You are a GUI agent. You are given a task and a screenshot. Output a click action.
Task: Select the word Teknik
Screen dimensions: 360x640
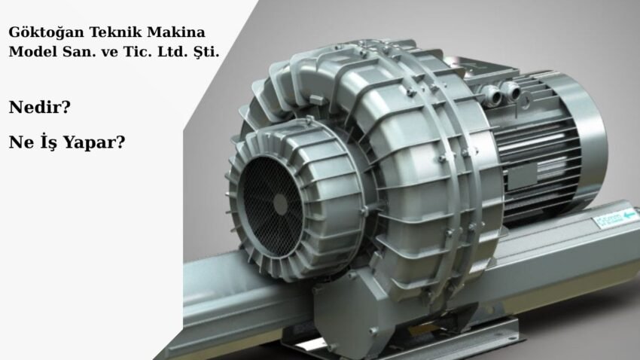pos(111,33)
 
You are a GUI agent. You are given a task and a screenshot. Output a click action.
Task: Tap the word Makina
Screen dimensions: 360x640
pos(175,33)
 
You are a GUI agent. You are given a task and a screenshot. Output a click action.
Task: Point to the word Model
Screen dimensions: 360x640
pos(30,53)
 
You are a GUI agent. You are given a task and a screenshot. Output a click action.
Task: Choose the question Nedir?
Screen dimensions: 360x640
pos(40,107)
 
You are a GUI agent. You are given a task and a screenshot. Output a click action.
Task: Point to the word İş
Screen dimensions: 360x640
pos(46,141)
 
